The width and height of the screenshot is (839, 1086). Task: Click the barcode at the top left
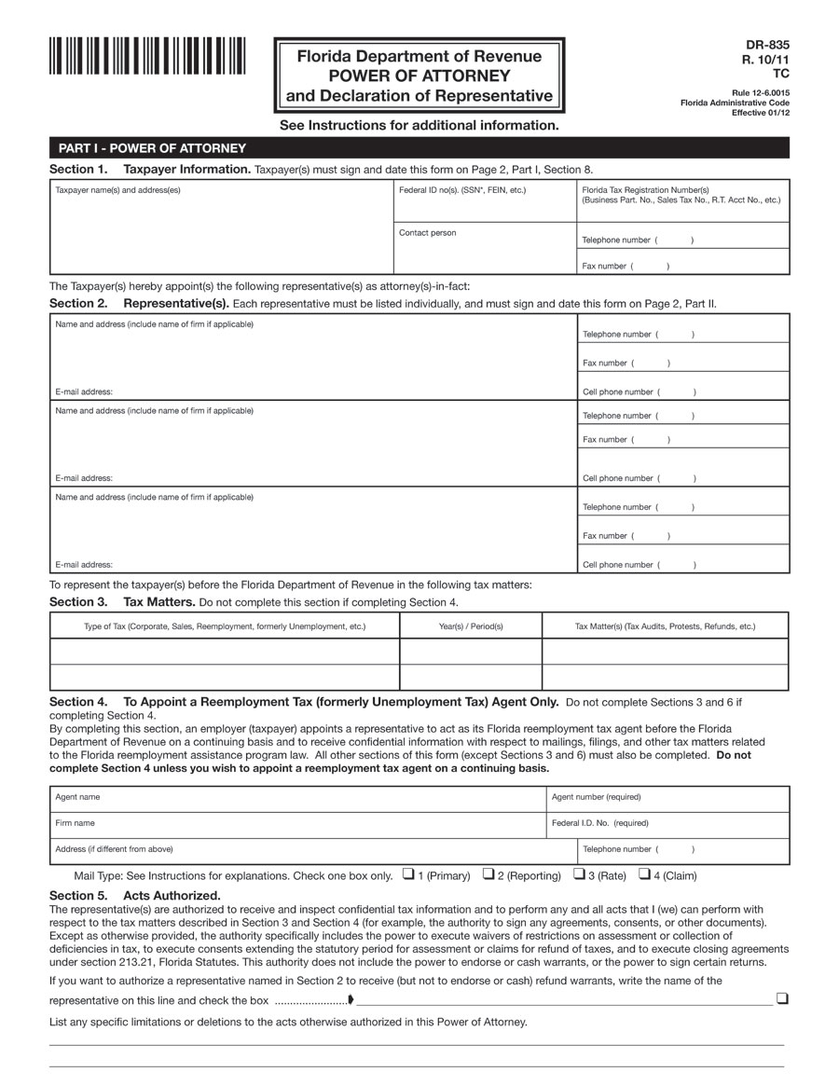click(x=147, y=56)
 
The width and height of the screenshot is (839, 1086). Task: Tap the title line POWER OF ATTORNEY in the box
click(x=419, y=76)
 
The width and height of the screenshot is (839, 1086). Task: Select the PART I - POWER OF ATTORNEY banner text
click(x=152, y=148)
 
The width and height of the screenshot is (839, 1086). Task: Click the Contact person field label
click(x=428, y=233)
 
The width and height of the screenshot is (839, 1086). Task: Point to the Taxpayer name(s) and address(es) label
click(x=118, y=190)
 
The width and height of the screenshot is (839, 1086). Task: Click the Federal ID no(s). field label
click(x=462, y=190)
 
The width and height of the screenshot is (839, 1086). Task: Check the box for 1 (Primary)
click(x=408, y=874)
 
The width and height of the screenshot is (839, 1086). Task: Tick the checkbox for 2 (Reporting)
click(x=488, y=874)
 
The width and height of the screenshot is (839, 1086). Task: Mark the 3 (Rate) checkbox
click(x=579, y=874)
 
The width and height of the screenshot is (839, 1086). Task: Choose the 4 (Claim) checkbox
click(x=644, y=874)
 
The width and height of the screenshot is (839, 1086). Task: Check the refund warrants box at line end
click(x=782, y=999)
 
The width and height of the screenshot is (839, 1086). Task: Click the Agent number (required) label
click(x=596, y=797)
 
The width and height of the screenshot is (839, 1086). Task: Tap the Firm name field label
click(x=76, y=823)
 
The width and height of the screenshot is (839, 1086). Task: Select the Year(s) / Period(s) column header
click(x=471, y=626)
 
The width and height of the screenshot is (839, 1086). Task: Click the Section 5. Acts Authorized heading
click(x=134, y=896)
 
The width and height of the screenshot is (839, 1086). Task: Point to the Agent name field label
click(x=78, y=797)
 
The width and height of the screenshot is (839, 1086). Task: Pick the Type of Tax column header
click(x=225, y=626)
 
